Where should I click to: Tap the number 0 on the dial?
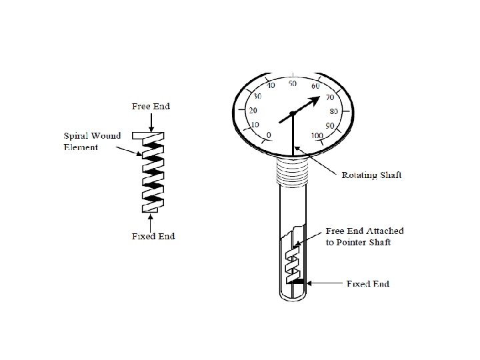point(268,135)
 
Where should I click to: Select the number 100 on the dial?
point(317,136)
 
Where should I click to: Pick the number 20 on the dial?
point(253,110)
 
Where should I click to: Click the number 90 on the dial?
point(329,125)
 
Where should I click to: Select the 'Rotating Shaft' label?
point(372,175)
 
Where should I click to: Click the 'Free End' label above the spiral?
point(151,106)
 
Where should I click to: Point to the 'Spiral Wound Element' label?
point(92,141)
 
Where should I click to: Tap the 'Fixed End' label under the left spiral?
point(153,236)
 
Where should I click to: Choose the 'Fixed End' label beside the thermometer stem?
point(367,284)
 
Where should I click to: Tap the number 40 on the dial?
point(271,86)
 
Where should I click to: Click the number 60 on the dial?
point(315,85)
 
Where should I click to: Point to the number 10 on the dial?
point(254,125)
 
